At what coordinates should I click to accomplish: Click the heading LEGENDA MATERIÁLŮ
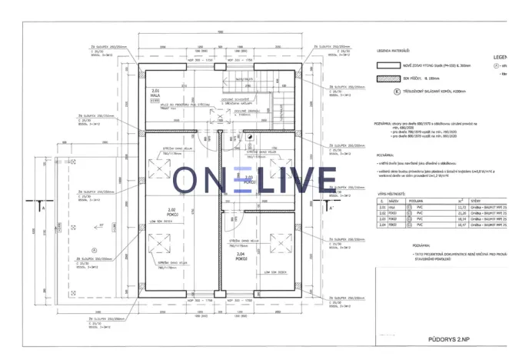pyautogui.click(x=393, y=52)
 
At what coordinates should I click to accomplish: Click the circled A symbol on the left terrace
pyautogui.click(x=92, y=248)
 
